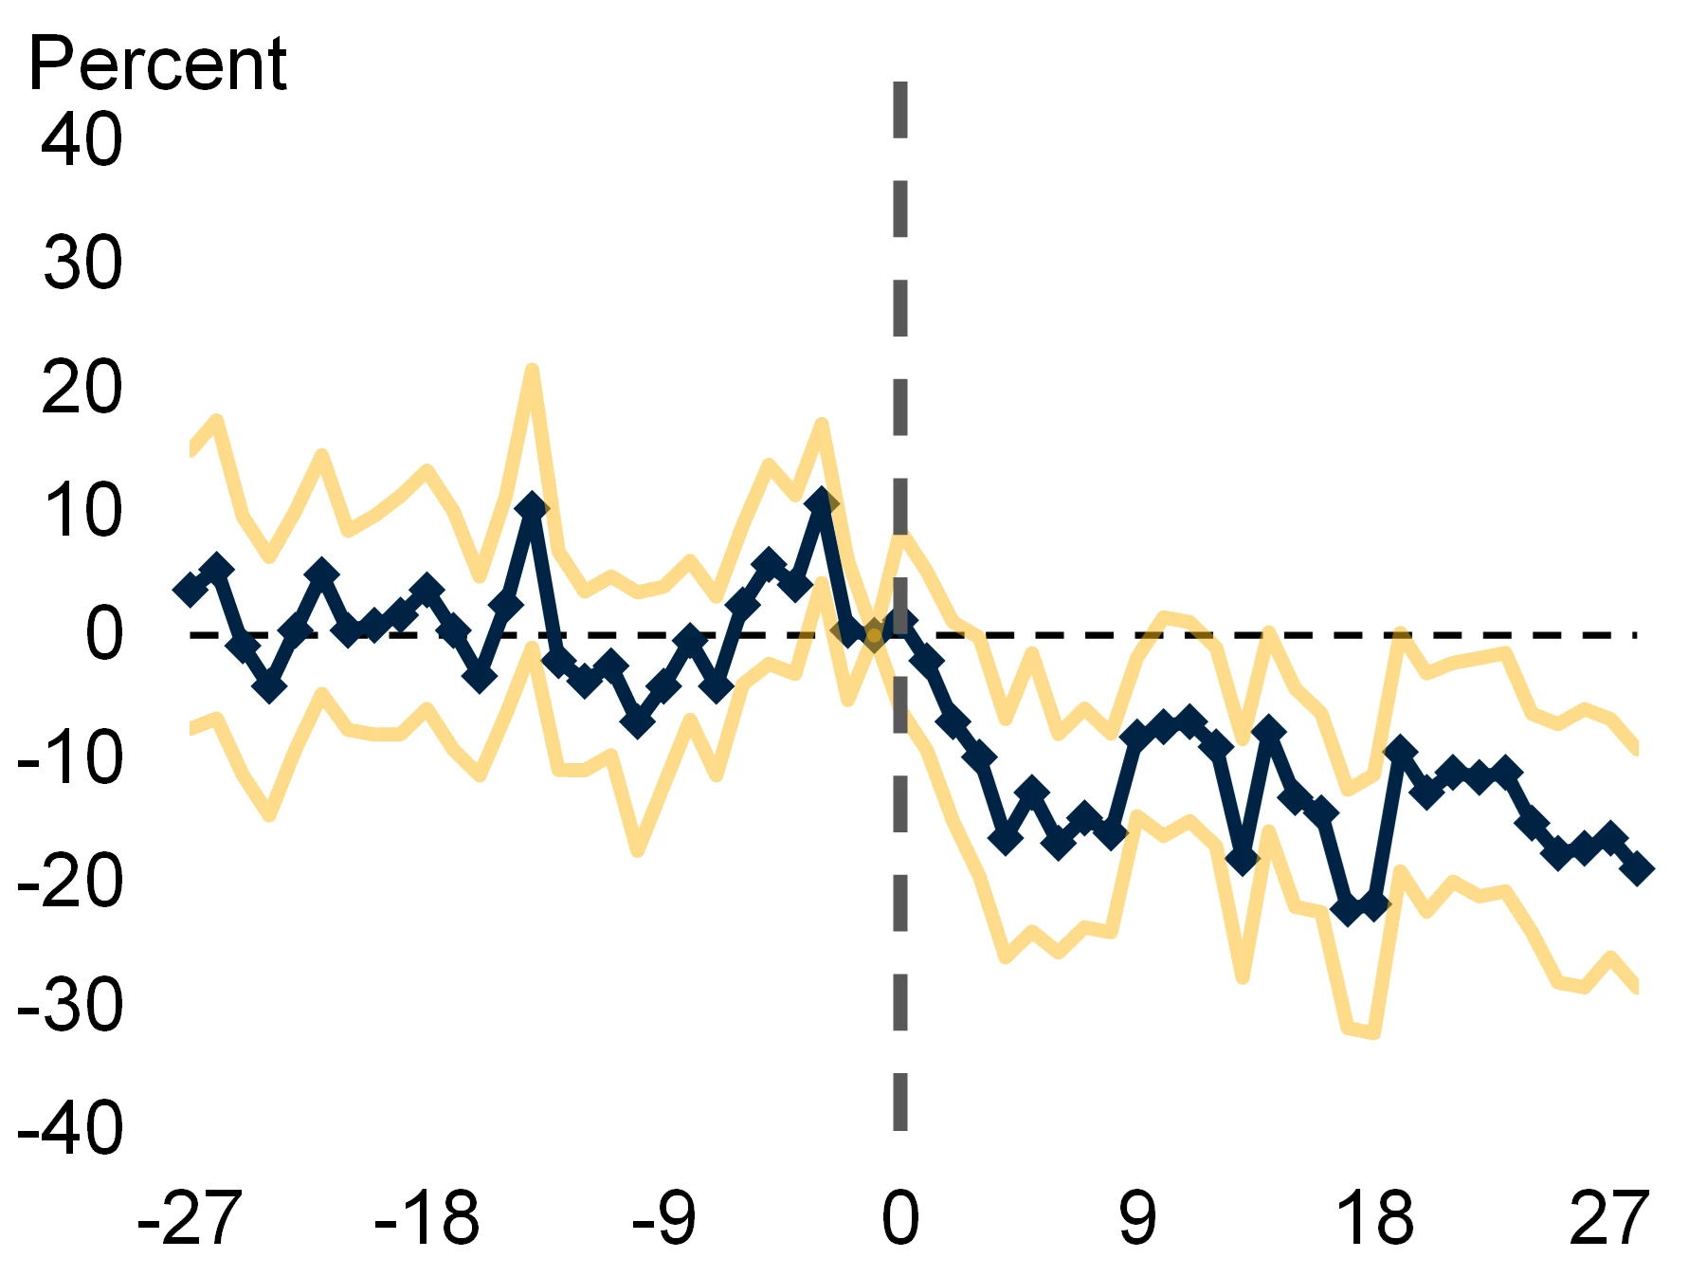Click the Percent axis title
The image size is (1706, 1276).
[x=157, y=64]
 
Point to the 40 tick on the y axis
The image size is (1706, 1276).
[x=82, y=139]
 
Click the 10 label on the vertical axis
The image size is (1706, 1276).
[x=82, y=511]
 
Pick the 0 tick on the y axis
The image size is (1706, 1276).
[x=103, y=634]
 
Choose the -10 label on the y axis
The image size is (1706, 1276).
[x=71, y=758]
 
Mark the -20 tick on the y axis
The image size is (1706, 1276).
[x=71, y=882]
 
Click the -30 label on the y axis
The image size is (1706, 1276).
[x=71, y=1006]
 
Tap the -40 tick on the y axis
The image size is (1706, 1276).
[x=71, y=1129]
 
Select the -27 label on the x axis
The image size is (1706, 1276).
[x=190, y=1219]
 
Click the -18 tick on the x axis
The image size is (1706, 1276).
[x=426, y=1219]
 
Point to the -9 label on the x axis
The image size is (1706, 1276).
[x=664, y=1219]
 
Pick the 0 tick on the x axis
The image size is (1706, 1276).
[x=900, y=1219]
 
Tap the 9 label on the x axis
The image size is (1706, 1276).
[x=1137, y=1219]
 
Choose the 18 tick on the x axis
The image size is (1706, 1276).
[x=1375, y=1219]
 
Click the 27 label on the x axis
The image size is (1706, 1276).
[x=1610, y=1219]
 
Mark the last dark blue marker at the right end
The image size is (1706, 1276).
[x=1637, y=867]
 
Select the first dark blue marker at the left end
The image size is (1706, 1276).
[x=191, y=589]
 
